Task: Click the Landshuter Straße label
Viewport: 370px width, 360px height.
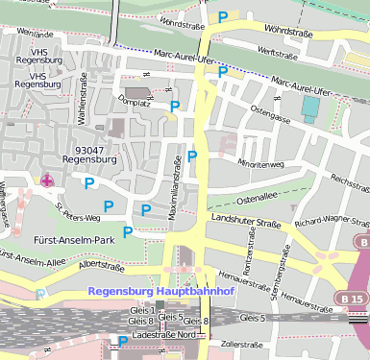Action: [245, 223]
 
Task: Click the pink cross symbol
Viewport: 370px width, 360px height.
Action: [46, 180]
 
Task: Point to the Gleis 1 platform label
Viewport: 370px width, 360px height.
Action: [141, 309]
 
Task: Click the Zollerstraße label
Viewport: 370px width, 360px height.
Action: [241, 343]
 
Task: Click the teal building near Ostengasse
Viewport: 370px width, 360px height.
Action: [309, 107]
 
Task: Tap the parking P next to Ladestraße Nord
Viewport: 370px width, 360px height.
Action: [123, 341]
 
